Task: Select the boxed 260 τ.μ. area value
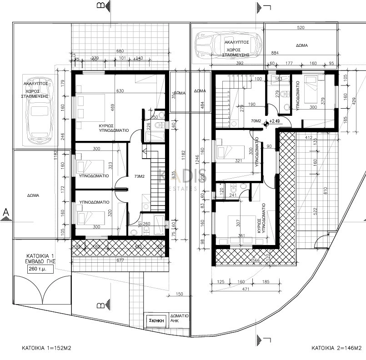pyautogui.click(x=40, y=269)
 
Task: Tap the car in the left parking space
pyautogui.click(x=39, y=114)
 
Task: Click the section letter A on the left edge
pyautogui.click(x=5, y=212)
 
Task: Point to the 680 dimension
pyautogui.click(x=120, y=51)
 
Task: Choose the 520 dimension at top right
pyautogui.click(x=300, y=28)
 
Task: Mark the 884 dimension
pyautogui.click(x=274, y=53)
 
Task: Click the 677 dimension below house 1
pyautogui.click(x=120, y=260)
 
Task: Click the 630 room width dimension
pyautogui.click(x=120, y=91)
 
